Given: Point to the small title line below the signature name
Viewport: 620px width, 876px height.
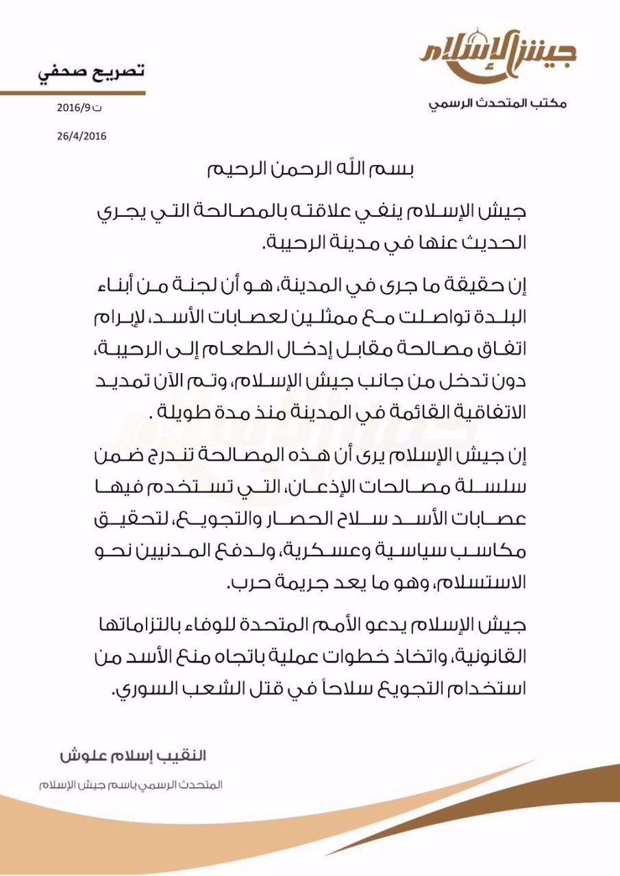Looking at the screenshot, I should click(130, 784).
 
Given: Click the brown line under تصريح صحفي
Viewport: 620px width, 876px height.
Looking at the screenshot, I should click(73, 92).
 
